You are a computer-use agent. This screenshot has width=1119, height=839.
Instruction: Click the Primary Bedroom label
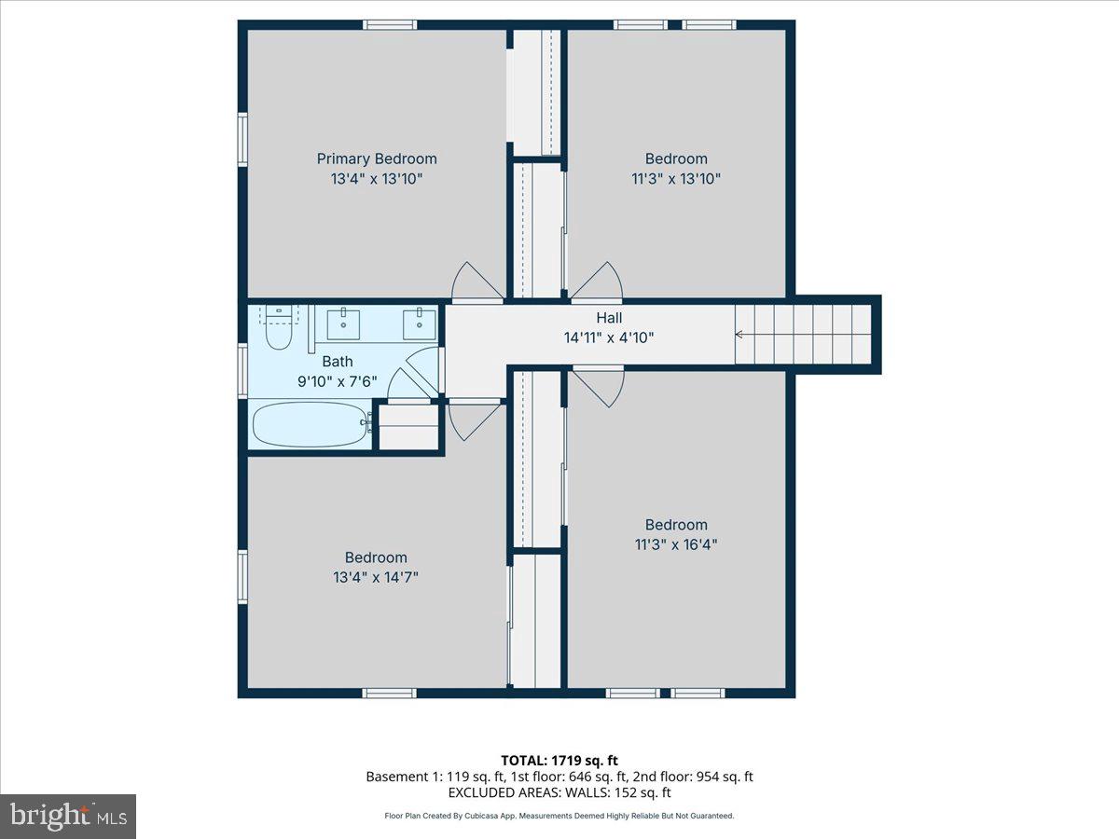(377, 158)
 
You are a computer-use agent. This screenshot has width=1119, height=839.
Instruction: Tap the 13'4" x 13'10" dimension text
(377, 179)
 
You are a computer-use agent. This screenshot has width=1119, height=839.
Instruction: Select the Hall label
(609, 318)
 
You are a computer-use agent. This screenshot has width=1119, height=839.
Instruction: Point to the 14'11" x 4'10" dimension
(609, 337)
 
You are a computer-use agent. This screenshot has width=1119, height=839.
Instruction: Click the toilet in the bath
(278, 327)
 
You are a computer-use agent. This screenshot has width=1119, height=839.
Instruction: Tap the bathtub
(311, 425)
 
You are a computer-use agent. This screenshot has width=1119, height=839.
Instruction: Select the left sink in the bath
(343, 323)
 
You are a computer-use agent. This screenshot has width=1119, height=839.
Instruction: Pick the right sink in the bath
(419, 323)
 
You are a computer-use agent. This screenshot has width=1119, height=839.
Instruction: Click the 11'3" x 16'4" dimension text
(676, 544)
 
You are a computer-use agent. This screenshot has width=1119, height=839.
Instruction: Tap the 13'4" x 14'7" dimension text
(376, 577)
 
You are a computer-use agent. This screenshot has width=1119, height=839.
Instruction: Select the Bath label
(338, 362)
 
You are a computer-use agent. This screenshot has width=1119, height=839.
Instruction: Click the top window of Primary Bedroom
(390, 24)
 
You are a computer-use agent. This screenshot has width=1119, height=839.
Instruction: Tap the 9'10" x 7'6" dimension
(337, 381)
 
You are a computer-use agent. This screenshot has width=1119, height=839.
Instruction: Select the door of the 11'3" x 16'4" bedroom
(599, 387)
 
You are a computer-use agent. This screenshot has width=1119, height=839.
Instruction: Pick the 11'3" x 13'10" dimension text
(676, 179)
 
